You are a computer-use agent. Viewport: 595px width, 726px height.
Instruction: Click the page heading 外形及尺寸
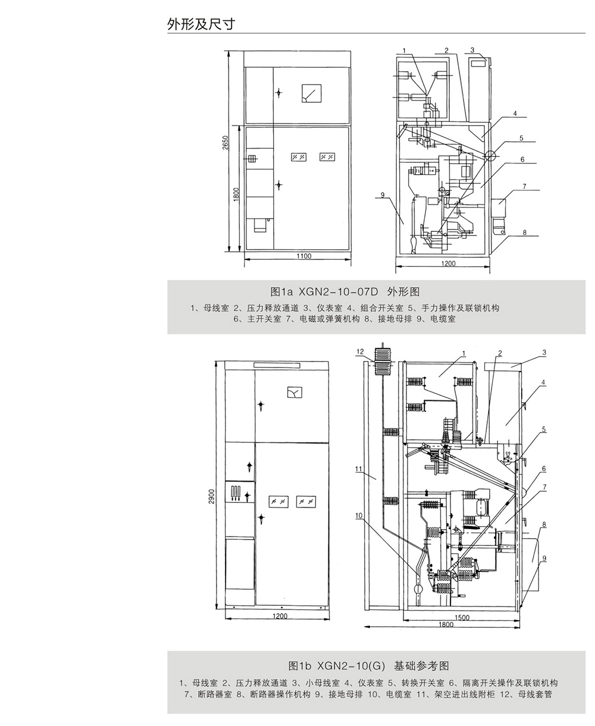[x=201, y=24]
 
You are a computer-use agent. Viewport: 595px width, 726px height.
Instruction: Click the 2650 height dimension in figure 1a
[x=225, y=143]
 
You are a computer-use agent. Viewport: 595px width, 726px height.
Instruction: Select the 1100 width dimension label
[x=303, y=256]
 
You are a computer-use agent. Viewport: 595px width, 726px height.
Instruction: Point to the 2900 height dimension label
[x=212, y=496]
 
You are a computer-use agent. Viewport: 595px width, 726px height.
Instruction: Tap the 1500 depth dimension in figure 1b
[x=462, y=617]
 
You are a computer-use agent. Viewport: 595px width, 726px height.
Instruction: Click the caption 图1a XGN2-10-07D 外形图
[x=345, y=292]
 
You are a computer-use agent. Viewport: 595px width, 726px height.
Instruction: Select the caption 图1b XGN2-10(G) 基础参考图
[x=369, y=666]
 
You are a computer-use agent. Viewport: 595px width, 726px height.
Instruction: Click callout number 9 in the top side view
[x=383, y=195]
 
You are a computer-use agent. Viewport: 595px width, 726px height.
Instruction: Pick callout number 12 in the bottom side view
[x=360, y=351]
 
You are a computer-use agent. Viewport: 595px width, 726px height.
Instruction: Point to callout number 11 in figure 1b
[x=359, y=469]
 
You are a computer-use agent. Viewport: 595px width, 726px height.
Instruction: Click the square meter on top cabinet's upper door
[x=311, y=93]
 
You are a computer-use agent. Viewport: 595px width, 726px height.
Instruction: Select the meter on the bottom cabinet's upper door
[x=295, y=392]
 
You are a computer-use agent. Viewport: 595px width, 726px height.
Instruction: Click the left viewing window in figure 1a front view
[x=299, y=157]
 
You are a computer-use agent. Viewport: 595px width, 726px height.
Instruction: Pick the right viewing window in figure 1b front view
[x=306, y=502]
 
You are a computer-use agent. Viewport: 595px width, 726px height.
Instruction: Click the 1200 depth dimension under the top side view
[x=448, y=263]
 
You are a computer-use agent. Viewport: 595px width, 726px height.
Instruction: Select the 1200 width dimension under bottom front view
[x=280, y=616]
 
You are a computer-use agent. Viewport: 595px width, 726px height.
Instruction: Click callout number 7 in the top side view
[x=524, y=186]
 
